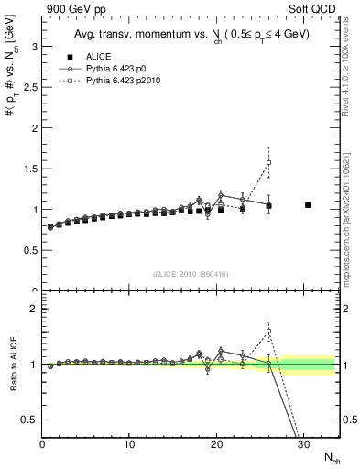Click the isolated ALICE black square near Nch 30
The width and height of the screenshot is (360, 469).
click(x=308, y=205)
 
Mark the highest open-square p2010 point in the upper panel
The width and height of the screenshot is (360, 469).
click(x=268, y=163)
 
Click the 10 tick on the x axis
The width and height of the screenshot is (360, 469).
click(x=130, y=444)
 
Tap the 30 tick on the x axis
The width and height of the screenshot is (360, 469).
click(x=303, y=444)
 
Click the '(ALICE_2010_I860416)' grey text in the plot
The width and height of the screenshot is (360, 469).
click(x=191, y=274)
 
